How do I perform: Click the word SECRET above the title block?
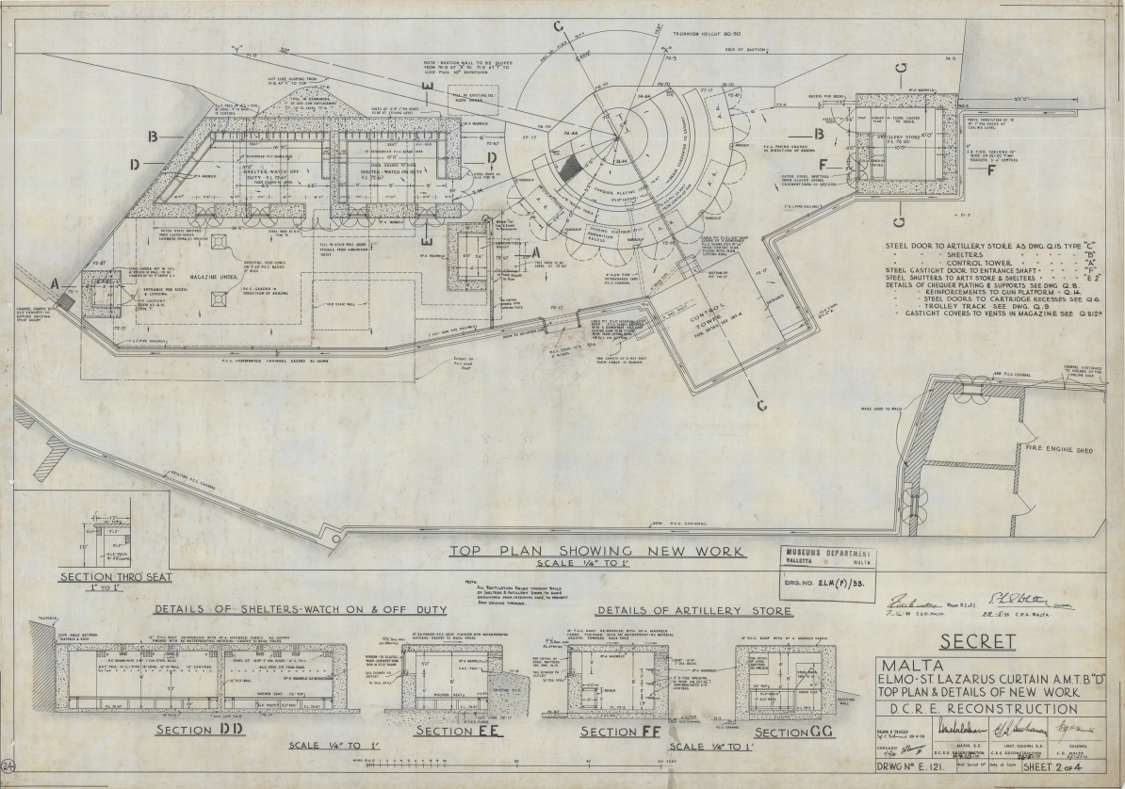[x=976, y=642]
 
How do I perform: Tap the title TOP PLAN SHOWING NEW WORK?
[x=597, y=552]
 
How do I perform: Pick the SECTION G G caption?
[x=792, y=733]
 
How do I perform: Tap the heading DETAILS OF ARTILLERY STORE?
[x=695, y=609]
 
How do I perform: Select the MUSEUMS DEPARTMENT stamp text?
[x=829, y=554]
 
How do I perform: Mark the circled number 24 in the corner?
[x=8, y=768]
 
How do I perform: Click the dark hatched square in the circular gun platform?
[x=570, y=169]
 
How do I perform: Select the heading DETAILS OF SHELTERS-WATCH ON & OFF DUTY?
[x=245, y=609]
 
